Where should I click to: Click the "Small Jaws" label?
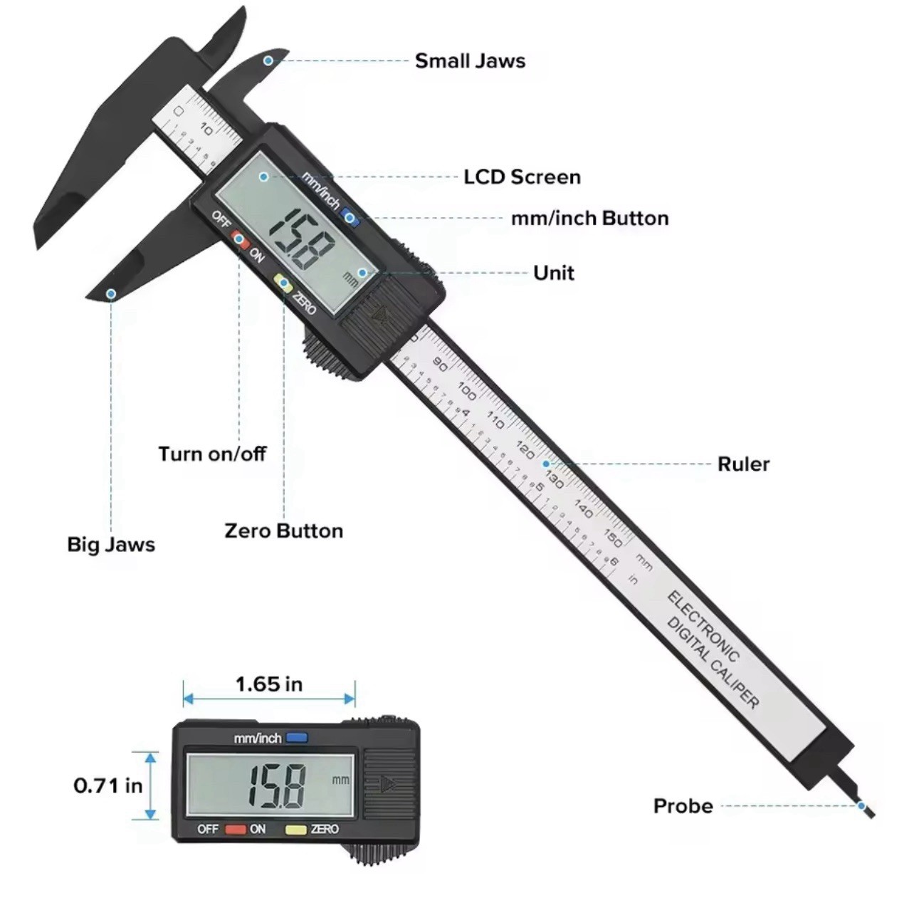click(x=470, y=61)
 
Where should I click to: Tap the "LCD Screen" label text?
click(x=522, y=177)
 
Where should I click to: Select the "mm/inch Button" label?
click(x=589, y=218)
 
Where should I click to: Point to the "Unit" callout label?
click(x=553, y=273)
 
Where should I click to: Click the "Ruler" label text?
click(x=743, y=464)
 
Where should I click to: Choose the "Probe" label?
click(x=683, y=806)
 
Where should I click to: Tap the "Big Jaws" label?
click(x=111, y=545)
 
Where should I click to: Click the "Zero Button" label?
click(x=283, y=531)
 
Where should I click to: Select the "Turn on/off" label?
click(x=212, y=454)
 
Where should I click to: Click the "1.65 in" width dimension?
click(x=269, y=684)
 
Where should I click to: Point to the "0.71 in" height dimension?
click(x=108, y=785)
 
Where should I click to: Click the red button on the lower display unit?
click(x=236, y=829)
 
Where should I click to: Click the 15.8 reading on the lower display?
click(x=278, y=785)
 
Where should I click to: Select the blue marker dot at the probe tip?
click(x=861, y=806)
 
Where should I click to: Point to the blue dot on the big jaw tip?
click(x=111, y=293)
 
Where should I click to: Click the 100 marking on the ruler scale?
click(x=467, y=390)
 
